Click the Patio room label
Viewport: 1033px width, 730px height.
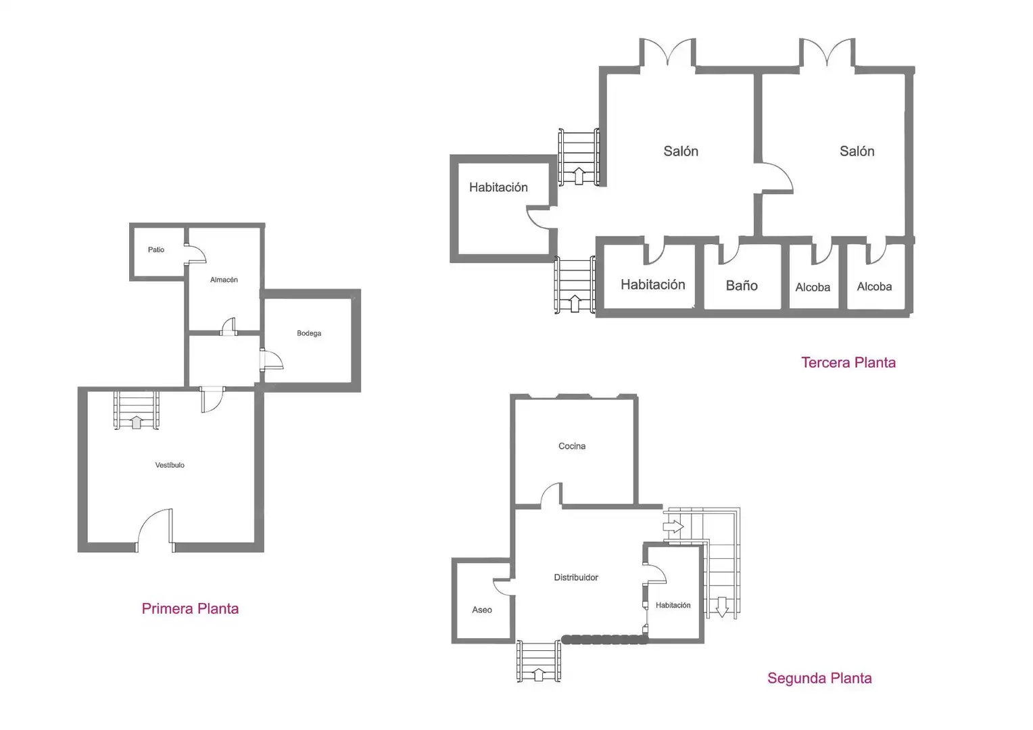[156, 249]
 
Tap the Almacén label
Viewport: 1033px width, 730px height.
[224, 279]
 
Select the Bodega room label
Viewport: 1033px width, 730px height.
[309, 333]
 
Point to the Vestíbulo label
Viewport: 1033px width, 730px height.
[170, 465]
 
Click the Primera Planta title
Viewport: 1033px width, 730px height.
[190, 608]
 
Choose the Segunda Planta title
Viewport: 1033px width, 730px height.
[819, 678]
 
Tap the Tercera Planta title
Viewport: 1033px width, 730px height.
[848, 362]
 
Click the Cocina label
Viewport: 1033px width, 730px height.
[572, 446]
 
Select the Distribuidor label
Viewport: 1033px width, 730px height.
[576, 577]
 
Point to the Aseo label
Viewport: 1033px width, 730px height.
[482, 610]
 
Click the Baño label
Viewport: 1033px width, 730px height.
[742, 285]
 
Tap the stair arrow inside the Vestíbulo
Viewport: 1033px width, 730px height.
[136, 422]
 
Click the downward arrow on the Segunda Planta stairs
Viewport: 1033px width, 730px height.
[722, 608]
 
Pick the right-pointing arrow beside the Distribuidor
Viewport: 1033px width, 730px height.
[673, 526]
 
